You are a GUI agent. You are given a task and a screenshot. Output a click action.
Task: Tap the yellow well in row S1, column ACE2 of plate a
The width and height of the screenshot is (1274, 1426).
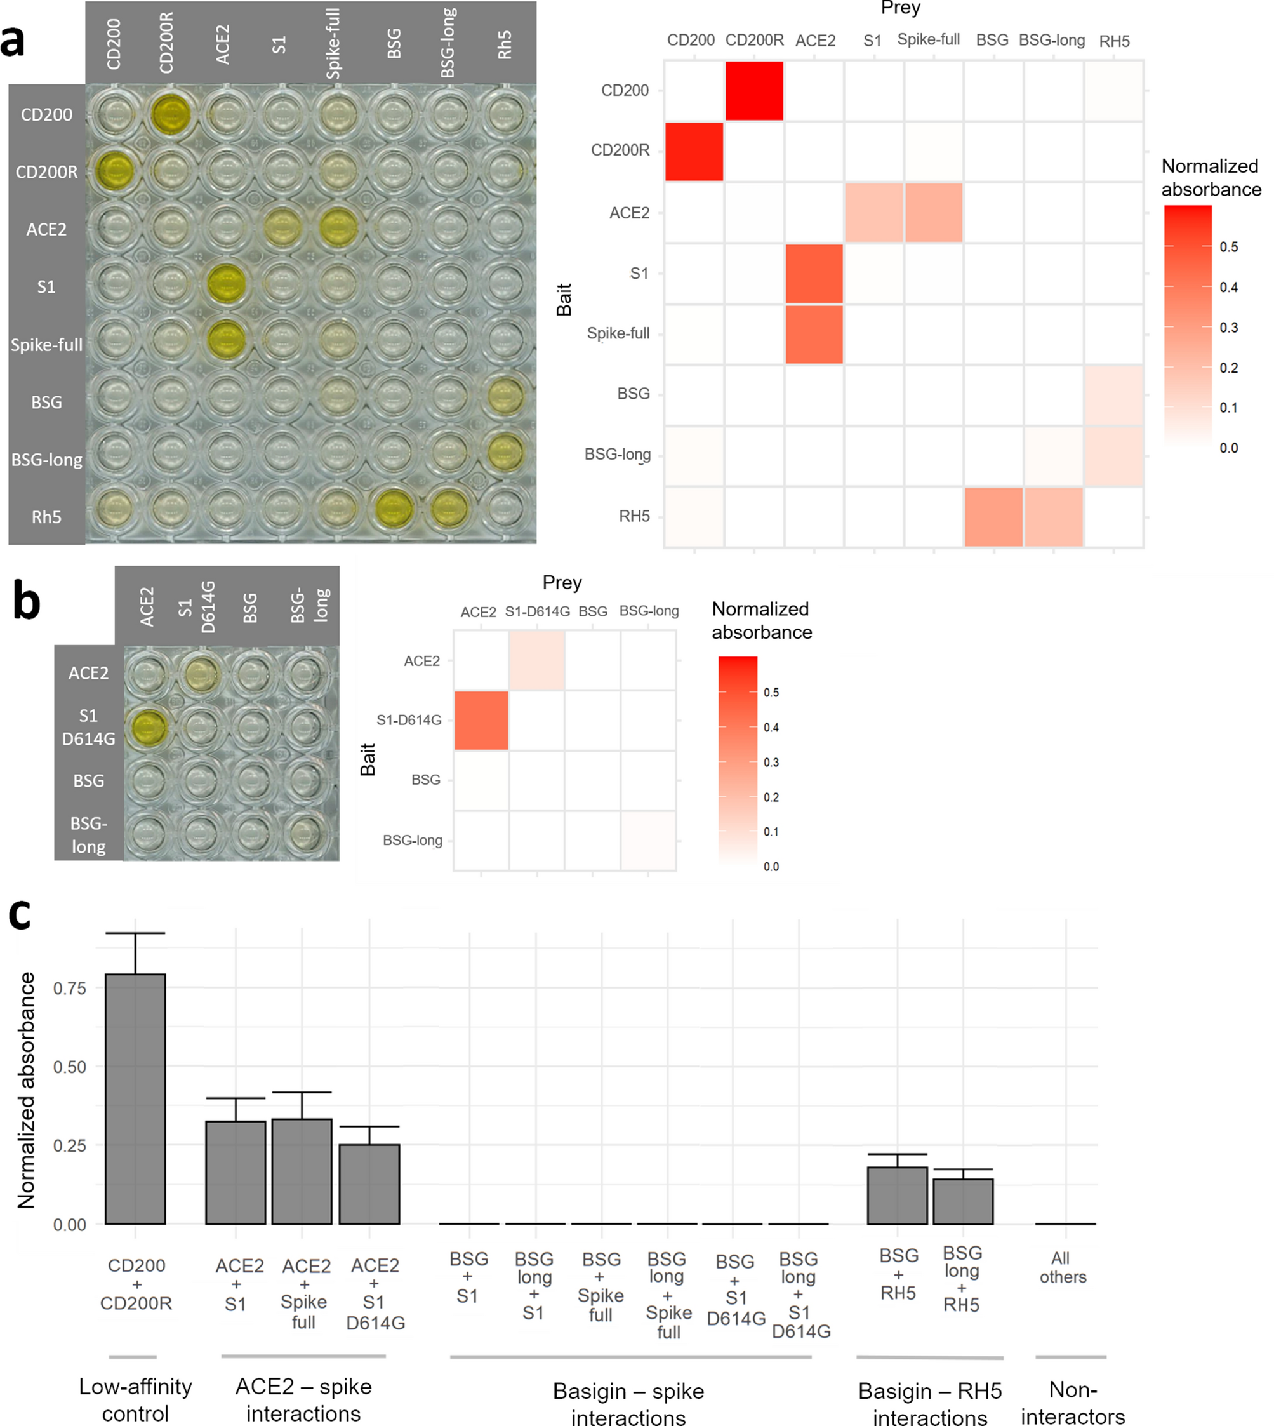pyautogui.click(x=227, y=285)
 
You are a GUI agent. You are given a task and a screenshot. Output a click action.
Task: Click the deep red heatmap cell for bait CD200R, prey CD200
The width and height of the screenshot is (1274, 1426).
pyautogui.click(x=694, y=151)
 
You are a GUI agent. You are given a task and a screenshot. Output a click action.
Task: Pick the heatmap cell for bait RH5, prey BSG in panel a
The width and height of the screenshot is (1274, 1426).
pyautogui.click(x=993, y=517)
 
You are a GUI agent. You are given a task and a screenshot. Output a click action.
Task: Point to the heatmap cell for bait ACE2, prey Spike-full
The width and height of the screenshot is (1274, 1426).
pyautogui.click(x=933, y=213)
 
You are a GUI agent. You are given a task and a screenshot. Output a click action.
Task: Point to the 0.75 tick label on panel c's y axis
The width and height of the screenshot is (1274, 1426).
pyautogui.click(x=70, y=988)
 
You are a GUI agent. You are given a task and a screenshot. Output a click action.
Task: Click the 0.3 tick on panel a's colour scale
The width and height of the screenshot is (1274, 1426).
pyautogui.click(x=1228, y=328)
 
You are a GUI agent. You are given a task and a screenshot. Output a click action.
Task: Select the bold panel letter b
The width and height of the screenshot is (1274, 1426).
pyautogui.click(x=27, y=603)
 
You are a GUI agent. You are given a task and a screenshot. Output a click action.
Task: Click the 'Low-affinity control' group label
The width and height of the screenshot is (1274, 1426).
pyautogui.click(x=135, y=1399)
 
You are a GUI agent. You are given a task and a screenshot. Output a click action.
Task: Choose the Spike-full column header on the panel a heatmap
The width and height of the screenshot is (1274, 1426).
pyautogui.click(x=928, y=40)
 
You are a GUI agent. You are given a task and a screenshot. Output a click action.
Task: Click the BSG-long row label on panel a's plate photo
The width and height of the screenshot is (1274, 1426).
pyautogui.click(x=46, y=460)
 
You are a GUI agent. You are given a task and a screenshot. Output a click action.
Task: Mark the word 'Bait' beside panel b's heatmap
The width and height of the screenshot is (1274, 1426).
pyautogui.click(x=368, y=759)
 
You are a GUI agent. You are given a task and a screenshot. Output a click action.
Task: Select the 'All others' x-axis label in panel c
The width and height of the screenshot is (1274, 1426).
pyautogui.click(x=1063, y=1267)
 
